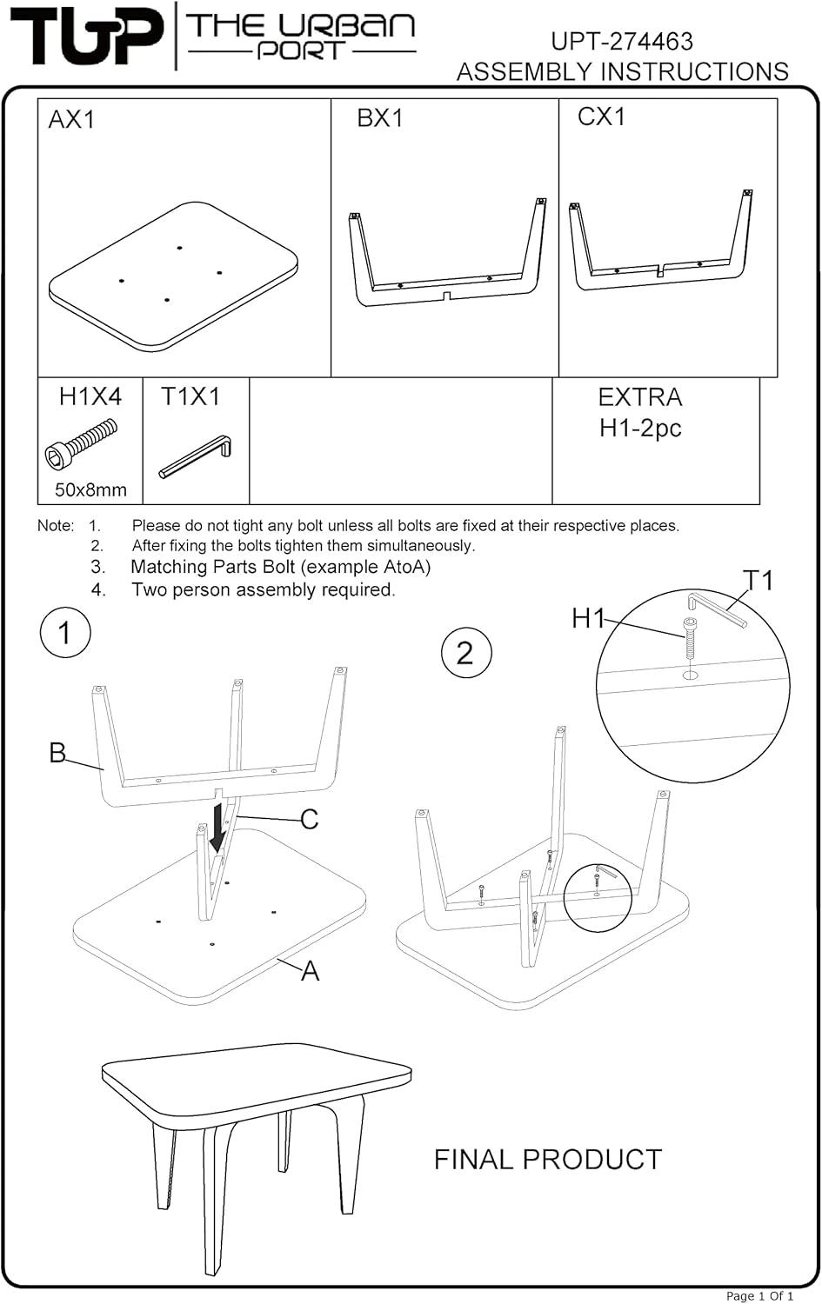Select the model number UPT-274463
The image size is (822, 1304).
click(622, 41)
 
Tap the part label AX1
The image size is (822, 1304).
click(71, 120)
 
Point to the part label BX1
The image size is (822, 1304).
click(380, 118)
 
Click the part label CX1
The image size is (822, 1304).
click(601, 116)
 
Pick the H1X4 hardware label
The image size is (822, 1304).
click(90, 397)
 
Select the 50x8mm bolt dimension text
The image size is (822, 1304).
click(90, 490)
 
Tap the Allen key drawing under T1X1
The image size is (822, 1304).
click(195, 456)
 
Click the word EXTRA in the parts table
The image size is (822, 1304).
click(640, 397)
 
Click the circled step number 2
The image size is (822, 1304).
click(465, 652)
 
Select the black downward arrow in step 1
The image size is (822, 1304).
click(217, 826)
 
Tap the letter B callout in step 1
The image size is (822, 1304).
click(57, 753)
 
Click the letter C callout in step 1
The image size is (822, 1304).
click(309, 820)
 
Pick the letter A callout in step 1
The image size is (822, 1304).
click(310, 971)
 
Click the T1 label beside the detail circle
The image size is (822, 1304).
click(758, 580)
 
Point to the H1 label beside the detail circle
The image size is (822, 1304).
click(588, 619)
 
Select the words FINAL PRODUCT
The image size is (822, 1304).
click(548, 1160)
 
